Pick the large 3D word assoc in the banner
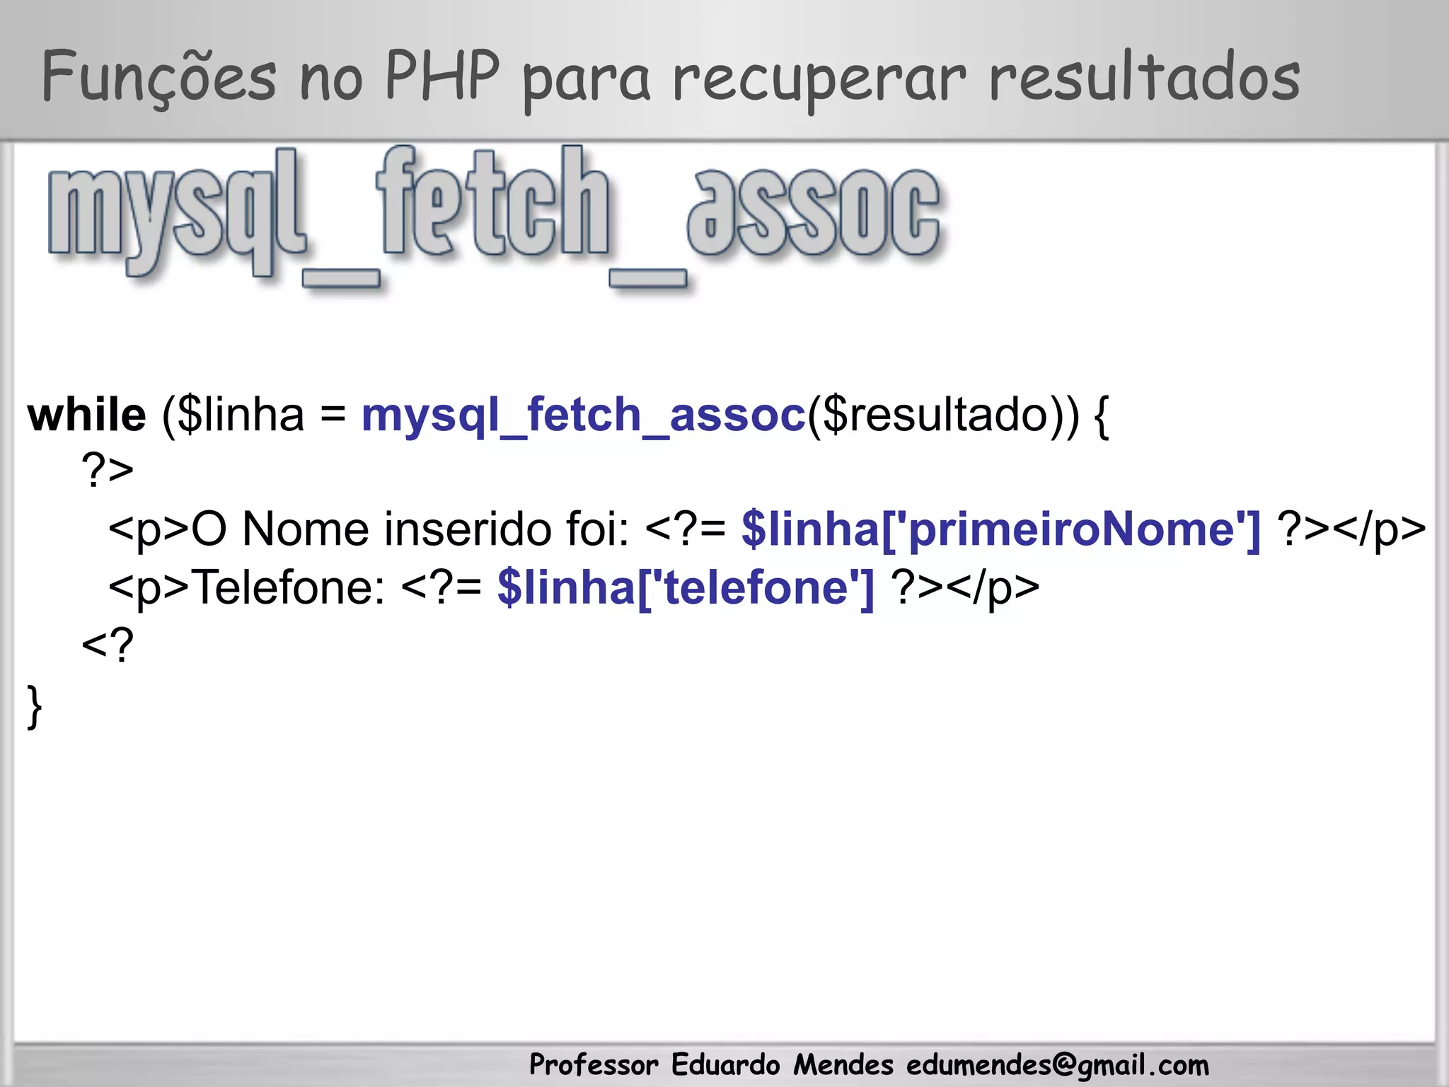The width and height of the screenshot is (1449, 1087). click(814, 212)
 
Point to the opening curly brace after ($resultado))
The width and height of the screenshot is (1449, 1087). click(1101, 418)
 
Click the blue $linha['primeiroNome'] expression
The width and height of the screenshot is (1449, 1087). click(1000, 529)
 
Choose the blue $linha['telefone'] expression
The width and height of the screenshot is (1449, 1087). click(686, 587)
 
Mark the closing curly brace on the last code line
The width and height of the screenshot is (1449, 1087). click(34, 706)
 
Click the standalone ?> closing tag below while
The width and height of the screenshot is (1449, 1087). click(108, 470)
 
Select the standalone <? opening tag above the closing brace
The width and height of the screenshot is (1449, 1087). click(108, 645)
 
